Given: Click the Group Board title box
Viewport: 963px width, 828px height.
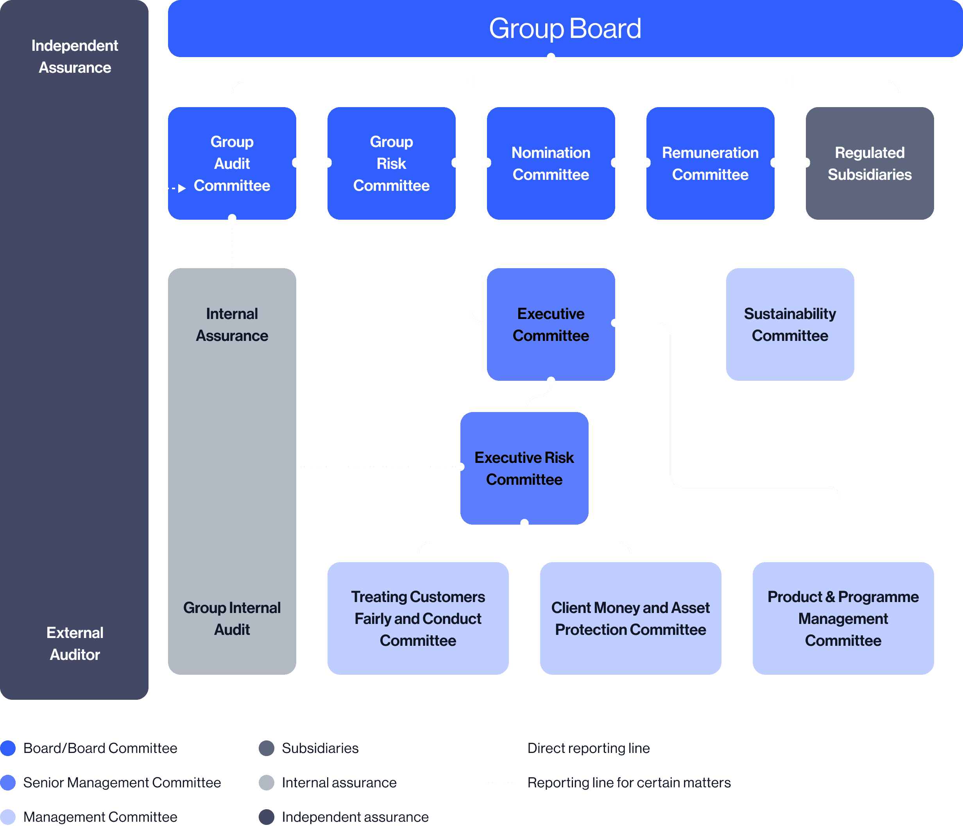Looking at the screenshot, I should (x=565, y=29).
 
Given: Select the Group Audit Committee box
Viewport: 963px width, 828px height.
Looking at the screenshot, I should (x=232, y=163).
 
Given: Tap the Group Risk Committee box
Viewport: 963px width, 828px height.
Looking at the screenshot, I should (x=391, y=163).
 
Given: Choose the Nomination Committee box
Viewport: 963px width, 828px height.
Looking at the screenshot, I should (x=551, y=163).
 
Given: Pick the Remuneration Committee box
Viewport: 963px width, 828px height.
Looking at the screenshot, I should (x=710, y=163).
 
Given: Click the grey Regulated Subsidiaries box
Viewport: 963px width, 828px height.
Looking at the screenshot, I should (x=870, y=163).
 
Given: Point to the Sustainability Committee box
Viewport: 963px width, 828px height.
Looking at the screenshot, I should (x=789, y=324).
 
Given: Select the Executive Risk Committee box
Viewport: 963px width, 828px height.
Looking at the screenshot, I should (x=524, y=468).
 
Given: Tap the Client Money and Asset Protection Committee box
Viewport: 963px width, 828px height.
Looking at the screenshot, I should (x=630, y=618).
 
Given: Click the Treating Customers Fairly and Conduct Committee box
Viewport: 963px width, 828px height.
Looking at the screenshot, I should (x=418, y=618).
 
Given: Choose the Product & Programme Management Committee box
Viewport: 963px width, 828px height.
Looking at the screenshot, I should (x=843, y=618).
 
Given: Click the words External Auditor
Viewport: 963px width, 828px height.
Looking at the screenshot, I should (x=75, y=643).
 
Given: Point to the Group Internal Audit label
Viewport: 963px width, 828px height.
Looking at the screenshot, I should (x=232, y=618).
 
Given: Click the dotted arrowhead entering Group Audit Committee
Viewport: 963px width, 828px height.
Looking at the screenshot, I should (x=182, y=188).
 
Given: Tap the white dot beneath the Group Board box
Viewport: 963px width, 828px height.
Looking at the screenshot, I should (x=551, y=57).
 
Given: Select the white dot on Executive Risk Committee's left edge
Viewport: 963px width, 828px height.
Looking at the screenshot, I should (x=460, y=467).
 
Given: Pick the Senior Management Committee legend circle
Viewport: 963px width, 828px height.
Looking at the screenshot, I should (x=8, y=782).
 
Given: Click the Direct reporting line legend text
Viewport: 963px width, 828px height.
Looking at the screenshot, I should (x=589, y=748).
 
